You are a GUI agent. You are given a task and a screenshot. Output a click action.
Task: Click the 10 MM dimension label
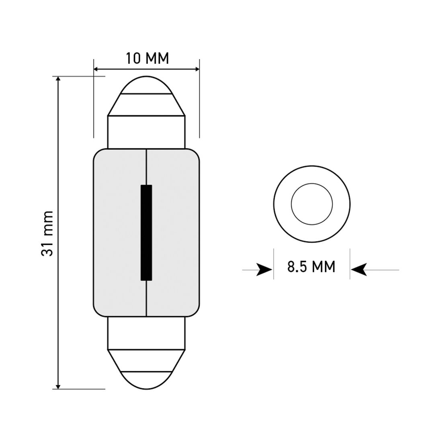pyautogui.click(x=147, y=58)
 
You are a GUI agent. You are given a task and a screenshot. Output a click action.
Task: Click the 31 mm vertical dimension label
pyautogui.click(x=47, y=233)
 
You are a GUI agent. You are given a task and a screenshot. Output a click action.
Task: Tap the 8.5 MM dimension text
pyautogui.click(x=311, y=267)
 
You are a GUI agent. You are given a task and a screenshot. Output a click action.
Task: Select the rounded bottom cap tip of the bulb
pyautogui.click(x=146, y=380)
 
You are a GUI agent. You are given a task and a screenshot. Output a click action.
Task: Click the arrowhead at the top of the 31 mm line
pyautogui.click(x=59, y=80)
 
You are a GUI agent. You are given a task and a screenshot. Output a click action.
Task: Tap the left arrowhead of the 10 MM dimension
pyautogui.click(x=97, y=70)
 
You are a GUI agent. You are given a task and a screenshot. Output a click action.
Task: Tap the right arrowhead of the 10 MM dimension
pyautogui.click(x=196, y=70)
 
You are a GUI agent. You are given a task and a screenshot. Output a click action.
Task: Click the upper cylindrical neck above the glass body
pyautogui.click(x=146, y=132)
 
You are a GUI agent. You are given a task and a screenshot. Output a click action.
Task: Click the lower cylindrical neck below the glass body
pyautogui.click(x=146, y=331)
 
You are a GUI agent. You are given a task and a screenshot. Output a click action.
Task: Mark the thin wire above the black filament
pyautogui.click(x=147, y=167)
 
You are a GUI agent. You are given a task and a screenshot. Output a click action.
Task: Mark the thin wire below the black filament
pyautogui.click(x=147, y=297)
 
